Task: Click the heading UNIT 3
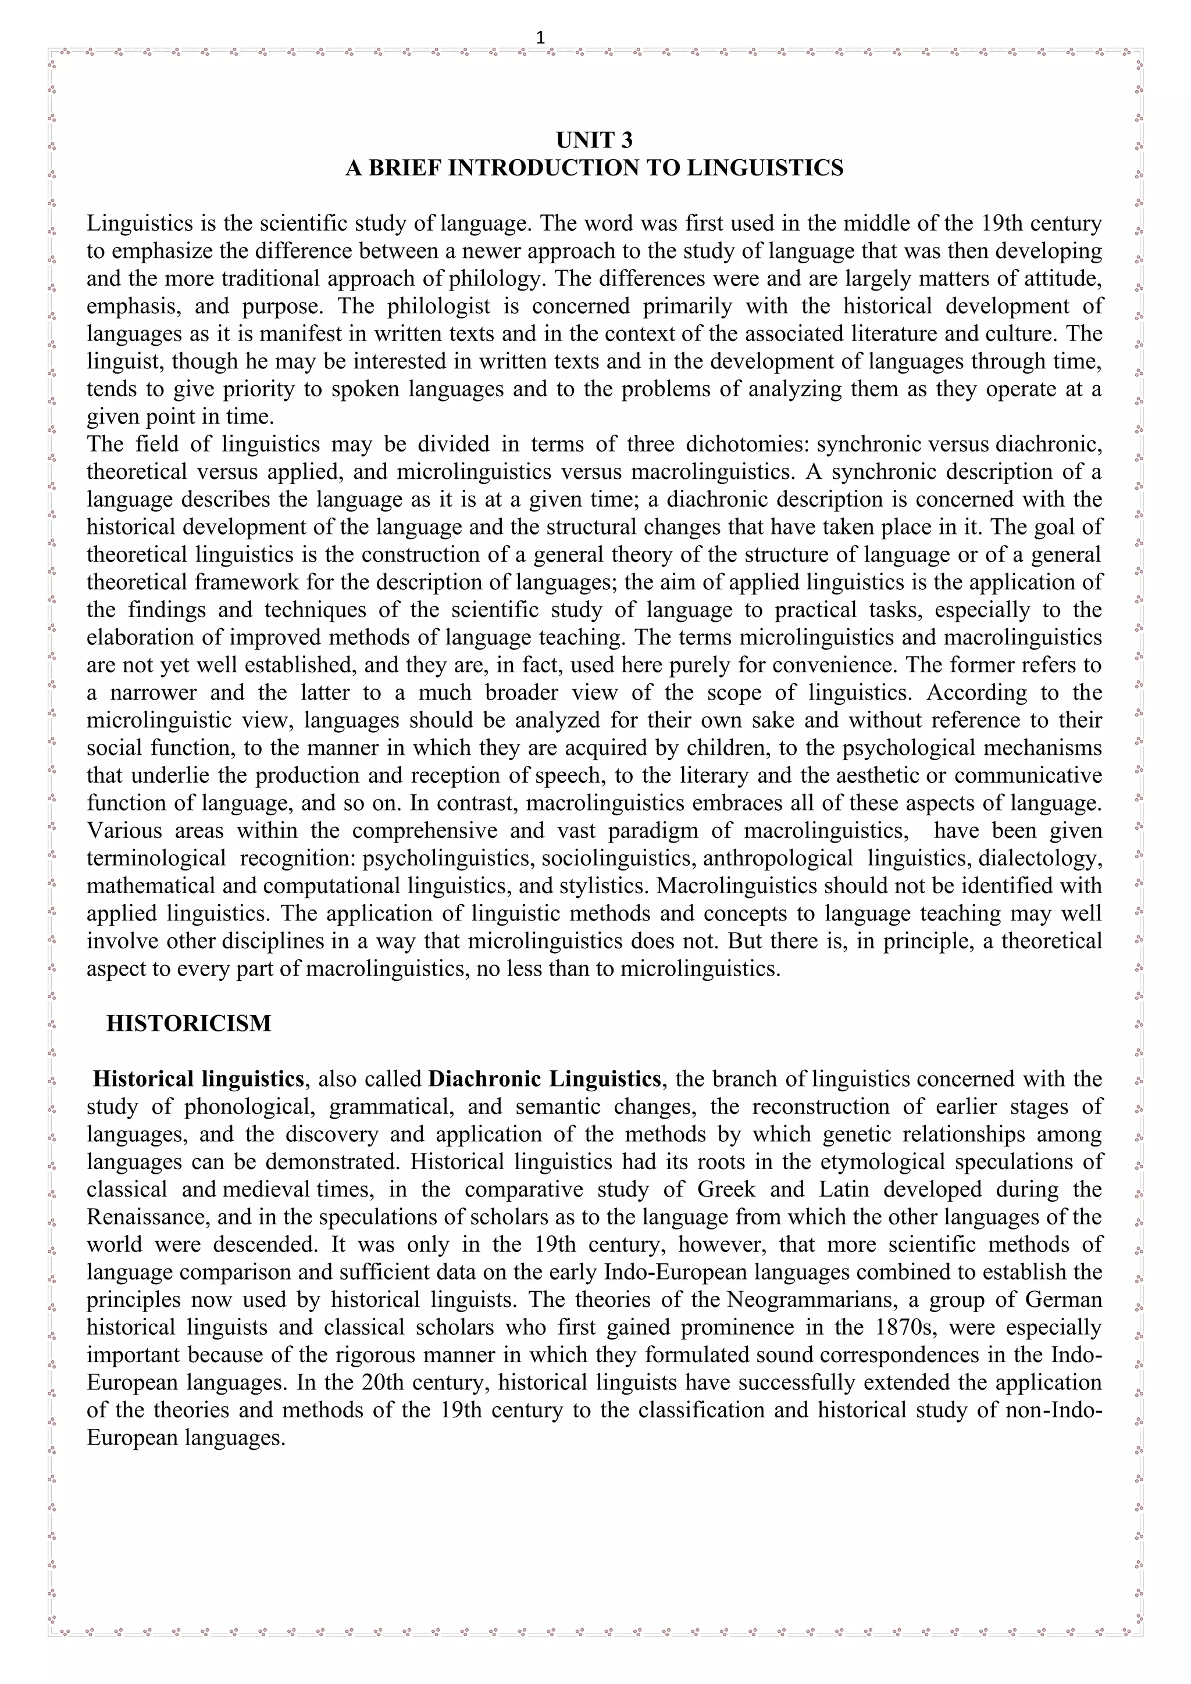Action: (594, 139)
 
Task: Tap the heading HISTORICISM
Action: (188, 1023)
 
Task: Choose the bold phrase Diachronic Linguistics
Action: (544, 1079)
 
